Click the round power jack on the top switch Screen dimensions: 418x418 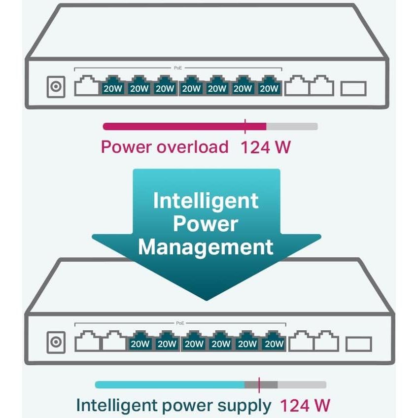coord(55,88)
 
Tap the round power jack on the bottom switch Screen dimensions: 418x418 coord(55,342)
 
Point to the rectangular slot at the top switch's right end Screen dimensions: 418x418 coord(353,89)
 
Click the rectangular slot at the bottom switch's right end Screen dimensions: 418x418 coord(358,344)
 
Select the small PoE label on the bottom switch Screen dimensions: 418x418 coord(180,323)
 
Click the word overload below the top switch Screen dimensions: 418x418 coord(192,147)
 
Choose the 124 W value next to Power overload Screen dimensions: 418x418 coord(265,147)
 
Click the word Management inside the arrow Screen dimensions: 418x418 coord(206,246)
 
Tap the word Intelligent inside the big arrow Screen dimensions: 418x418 coord(206,201)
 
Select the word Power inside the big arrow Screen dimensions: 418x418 coord(206,224)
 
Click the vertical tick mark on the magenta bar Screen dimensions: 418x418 coord(245,126)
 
